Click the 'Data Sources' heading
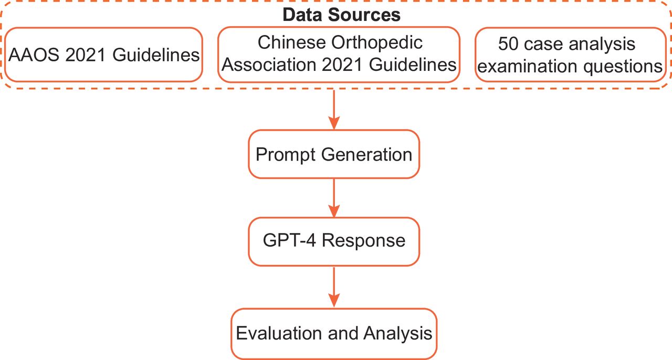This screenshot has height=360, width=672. [341, 15]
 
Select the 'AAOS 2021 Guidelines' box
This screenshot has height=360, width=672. [103, 55]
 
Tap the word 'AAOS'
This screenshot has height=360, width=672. [34, 55]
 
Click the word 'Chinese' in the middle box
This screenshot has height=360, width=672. [291, 43]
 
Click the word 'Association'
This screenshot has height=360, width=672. [268, 65]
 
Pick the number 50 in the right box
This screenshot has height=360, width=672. [508, 44]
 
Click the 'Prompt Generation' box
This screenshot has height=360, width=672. [334, 154]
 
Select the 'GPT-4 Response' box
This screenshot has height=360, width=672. [334, 241]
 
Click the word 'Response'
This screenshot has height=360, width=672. [363, 241]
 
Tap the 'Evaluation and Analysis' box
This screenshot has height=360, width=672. [334, 334]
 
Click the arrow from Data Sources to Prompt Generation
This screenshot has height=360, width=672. [334, 110]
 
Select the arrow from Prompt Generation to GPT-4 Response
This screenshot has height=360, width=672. [334, 198]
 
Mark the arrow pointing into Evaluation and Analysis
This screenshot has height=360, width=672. [334, 287]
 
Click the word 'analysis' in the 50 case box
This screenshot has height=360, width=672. [602, 45]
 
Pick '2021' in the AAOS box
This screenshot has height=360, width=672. [86, 55]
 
